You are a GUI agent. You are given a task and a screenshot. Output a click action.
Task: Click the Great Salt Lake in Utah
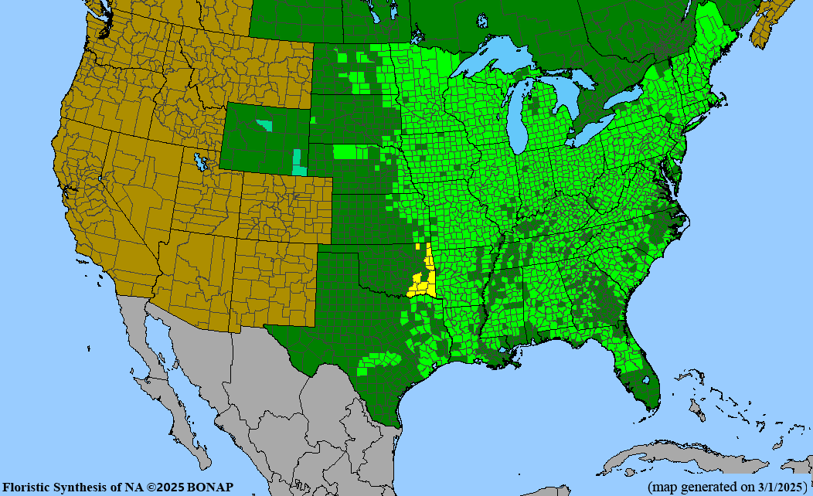[x=202, y=162]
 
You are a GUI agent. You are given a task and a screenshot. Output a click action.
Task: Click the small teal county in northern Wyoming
[x=265, y=124]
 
